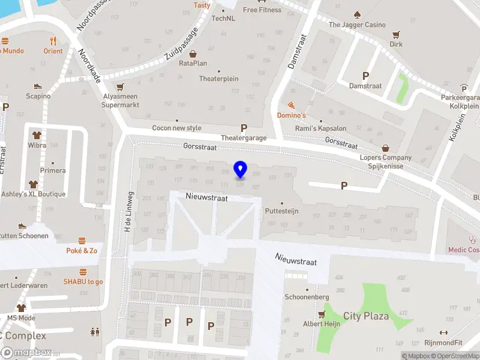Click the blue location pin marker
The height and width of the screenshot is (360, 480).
(x=241, y=170)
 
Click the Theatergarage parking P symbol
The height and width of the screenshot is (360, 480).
(x=244, y=128)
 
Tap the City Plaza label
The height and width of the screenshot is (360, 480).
(x=366, y=316)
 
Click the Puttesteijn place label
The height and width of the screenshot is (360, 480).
(x=281, y=211)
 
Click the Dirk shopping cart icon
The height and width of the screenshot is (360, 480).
(x=396, y=34)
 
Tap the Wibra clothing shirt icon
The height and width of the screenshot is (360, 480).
(x=37, y=135)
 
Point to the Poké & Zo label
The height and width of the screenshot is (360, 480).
(x=82, y=251)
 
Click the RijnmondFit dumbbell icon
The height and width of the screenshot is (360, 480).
(x=443, y=333)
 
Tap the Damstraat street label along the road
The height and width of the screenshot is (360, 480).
(x=296, y=51)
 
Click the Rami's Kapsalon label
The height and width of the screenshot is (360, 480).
(x=321, y=128)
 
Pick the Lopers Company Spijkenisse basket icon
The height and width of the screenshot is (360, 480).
(x=386, y=148)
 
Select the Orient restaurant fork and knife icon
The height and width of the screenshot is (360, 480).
(x=53, y=41)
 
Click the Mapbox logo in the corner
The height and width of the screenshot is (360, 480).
(x=25, y=353)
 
